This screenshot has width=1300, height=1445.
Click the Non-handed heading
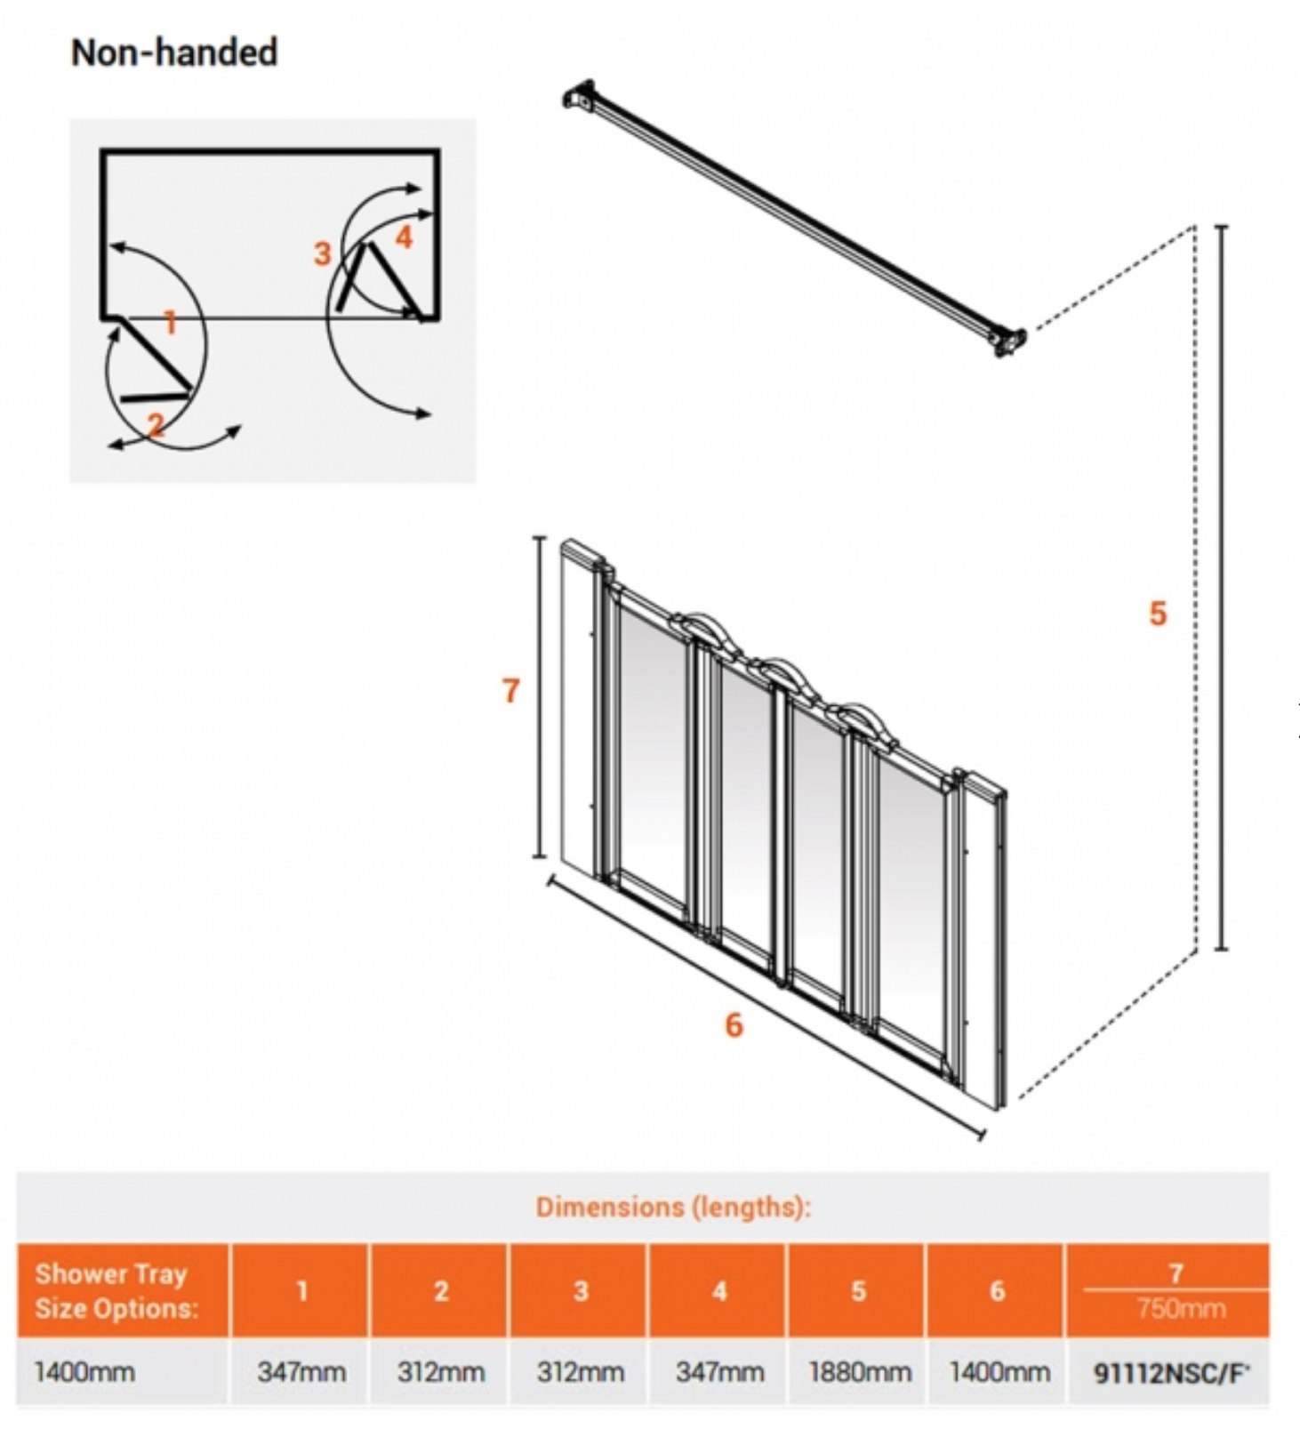174,52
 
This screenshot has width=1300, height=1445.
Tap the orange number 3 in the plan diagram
322,254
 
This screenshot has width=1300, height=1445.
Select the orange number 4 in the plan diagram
404,237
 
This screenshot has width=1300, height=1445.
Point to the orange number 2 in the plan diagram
156,425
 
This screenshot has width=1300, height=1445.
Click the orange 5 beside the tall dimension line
1157,614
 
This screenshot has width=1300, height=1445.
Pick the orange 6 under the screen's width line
734,1025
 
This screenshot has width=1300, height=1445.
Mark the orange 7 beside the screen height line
510,691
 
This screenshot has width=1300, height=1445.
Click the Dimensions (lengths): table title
673,1207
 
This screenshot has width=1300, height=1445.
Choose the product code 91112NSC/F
1171,1373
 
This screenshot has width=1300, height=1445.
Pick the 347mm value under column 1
301,1372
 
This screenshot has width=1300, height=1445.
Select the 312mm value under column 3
581,1372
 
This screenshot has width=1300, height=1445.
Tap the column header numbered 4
719,1291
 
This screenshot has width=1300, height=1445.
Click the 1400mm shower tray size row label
84,1372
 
